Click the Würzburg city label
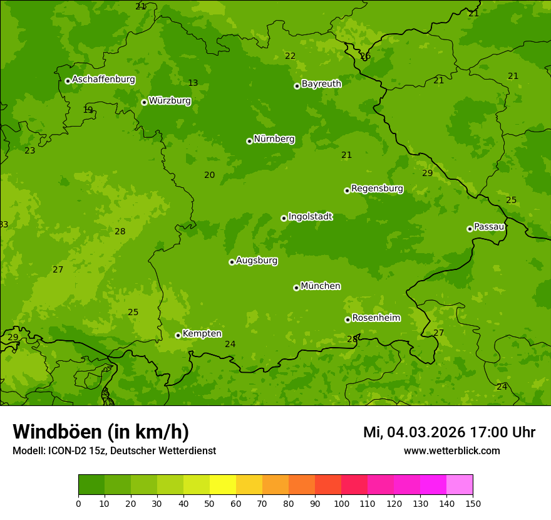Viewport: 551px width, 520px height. [170, 101]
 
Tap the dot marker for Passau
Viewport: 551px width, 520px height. [470, 229]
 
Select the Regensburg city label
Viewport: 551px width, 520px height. [377, 189]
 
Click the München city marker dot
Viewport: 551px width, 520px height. [296, 288]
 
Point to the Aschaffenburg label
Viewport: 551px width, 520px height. [103, 80]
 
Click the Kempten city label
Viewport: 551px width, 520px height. [202, 334]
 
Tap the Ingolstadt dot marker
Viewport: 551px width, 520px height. [284, 218]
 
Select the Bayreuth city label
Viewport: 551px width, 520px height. [321, 84]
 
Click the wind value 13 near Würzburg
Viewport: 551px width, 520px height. [193, 83]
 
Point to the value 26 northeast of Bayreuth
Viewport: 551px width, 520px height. [365, 56]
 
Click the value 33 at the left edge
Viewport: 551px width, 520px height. [4, 224]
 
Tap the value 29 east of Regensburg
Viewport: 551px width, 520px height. [427, 173]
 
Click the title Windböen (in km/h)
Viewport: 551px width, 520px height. [101, 432]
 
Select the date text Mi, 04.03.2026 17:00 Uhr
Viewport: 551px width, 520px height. [449, 432]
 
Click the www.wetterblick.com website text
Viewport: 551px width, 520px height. [451, 450]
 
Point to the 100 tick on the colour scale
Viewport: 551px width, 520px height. [341, 502]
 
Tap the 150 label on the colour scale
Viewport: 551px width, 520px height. [472, 502]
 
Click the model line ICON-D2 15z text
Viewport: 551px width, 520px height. [114, 450]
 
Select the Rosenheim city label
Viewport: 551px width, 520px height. [376, 318]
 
